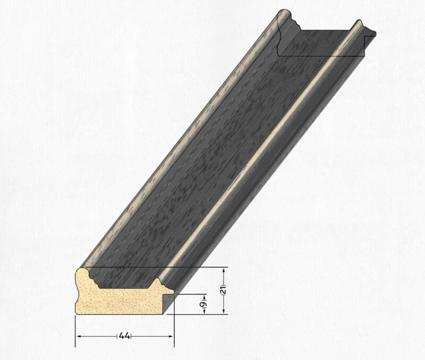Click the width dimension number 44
[124, 336]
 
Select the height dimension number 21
[223, 290]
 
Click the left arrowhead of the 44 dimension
[79, 337]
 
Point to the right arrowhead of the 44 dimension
[170, 337]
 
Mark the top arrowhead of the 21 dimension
[224, 271]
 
